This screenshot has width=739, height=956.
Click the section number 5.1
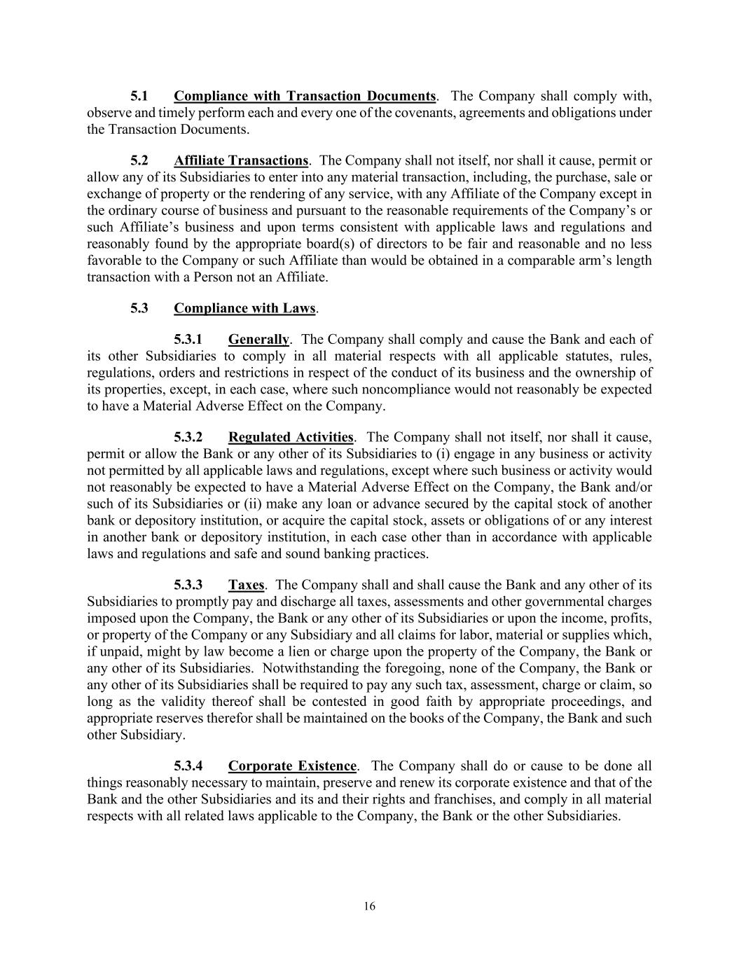[x=139, y=96]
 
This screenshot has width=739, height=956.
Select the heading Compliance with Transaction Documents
[x=305, y=96]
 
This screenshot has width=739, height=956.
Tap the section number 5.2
[x=139, y=161]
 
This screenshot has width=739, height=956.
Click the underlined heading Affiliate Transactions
[x=241, y=161]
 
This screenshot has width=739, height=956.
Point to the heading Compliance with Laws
[x=244, y=308]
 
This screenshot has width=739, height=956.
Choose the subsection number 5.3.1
[x=188, y=340]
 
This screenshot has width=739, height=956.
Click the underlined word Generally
[x=258, y=340]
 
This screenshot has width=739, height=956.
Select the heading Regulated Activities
[x=291, y=438]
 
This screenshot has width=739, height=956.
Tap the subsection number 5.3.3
[x=188, y=585]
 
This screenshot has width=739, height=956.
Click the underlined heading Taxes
[x=246, y=585]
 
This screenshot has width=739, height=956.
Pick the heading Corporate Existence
[x=292, y=766]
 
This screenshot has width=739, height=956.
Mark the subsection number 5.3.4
[x=188, y=766]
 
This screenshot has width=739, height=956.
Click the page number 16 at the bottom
[x=370, y=906]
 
